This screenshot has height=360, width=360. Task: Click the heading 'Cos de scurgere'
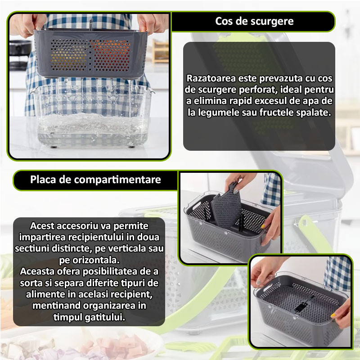point(254,21)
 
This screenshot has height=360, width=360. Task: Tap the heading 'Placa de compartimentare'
point(95,180)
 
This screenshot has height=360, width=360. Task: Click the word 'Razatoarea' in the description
point(211,78)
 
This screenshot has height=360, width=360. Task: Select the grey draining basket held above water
point(90,53)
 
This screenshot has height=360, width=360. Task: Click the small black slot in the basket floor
point(301,307)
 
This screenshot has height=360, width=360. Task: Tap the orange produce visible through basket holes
point(112,55)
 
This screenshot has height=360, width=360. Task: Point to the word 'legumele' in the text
point(218,113)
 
